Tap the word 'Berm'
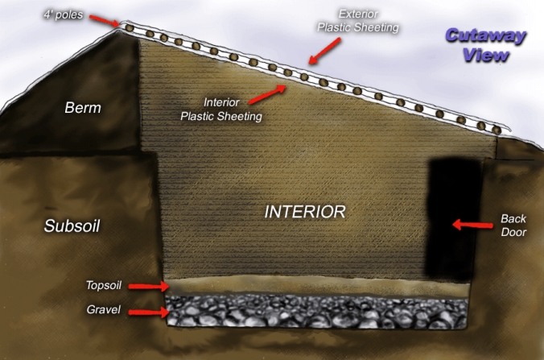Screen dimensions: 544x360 84,107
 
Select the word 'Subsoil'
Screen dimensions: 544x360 72,226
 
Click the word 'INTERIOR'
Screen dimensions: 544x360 305,212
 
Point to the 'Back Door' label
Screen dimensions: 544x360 513,225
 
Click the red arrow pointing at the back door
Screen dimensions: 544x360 468,225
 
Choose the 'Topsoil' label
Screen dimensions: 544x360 104,285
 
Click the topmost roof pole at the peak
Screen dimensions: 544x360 127,27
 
